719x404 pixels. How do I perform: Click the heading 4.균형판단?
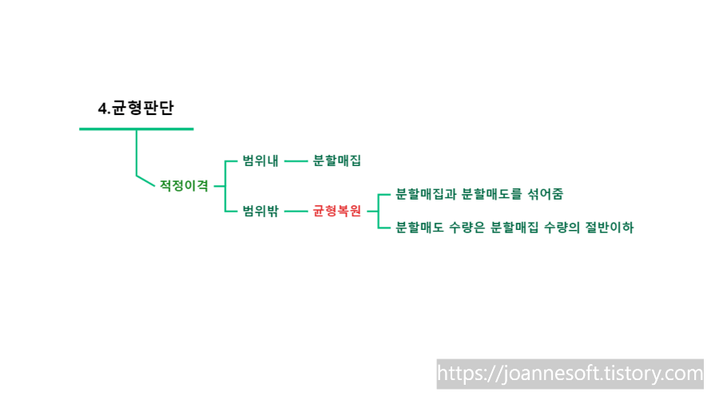pos(135,109)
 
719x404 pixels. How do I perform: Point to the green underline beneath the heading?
pos(136,129)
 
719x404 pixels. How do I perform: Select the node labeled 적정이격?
pos(184,185)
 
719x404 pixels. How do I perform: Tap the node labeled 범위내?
pos(260,160)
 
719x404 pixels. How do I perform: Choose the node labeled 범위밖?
pos(260,212)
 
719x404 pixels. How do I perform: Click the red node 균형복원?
pos(336,212)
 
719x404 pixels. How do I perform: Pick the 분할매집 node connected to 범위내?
pos(337,160)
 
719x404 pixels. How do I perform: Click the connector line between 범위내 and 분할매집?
pos(296,160)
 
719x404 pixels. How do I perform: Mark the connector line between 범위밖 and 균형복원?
pos(296,212)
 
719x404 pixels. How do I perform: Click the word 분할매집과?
pos(426,194)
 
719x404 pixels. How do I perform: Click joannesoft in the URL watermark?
pos(542,374)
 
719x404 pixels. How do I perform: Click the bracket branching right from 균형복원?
pos(379,212)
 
